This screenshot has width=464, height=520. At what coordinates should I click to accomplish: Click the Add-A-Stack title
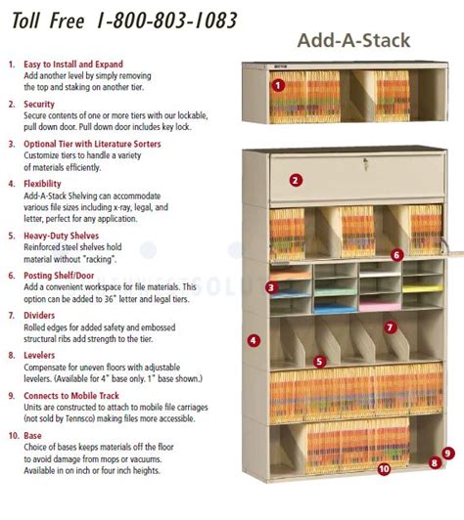(353, 40)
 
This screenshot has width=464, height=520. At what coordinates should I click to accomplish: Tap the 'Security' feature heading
(41, 104)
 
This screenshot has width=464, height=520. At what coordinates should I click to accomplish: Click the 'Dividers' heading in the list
(42, 315)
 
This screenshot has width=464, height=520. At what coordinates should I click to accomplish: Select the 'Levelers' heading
(42, 355)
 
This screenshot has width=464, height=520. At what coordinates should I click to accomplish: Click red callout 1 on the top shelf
(278, 85)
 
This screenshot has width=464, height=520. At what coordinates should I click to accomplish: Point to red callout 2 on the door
(296, 180)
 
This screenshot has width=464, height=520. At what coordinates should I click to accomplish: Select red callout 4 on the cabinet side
(254, 341)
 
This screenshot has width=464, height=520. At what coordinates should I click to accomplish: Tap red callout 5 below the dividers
(319, 361)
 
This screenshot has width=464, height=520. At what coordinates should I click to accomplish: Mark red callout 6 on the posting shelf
(396, 255)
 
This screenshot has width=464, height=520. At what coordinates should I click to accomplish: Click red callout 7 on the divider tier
(391, 327)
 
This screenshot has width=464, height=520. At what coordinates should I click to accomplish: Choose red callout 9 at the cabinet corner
(446, 453)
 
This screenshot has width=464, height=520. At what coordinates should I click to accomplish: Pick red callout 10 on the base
(384, 469)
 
